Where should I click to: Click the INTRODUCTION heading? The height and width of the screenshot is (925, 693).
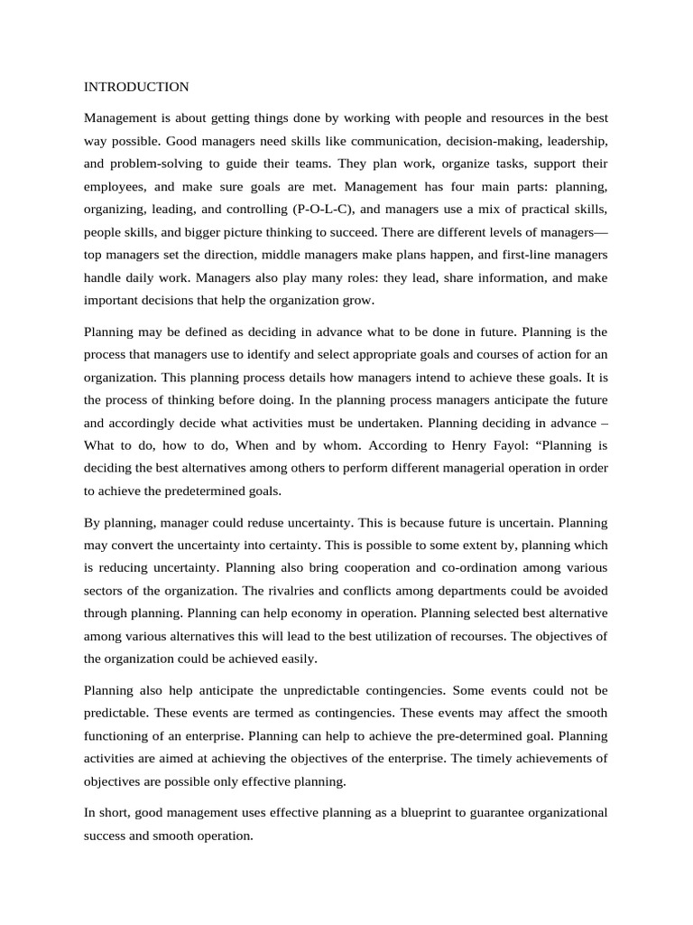136,87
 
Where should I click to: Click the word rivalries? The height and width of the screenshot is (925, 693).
294,590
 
